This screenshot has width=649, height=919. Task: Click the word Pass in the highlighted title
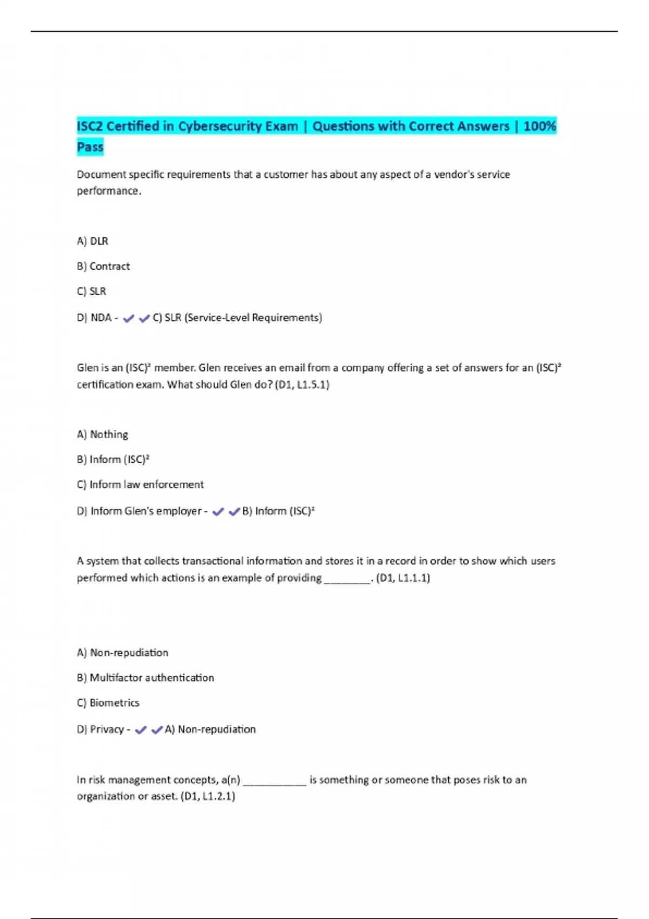coord(90,147)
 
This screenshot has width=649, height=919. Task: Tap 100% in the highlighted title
coord(540,126)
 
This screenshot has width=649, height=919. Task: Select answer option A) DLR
coord(92,241)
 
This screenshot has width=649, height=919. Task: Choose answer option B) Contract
coord(103,266)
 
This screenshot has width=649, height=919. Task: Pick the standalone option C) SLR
coord(91,291)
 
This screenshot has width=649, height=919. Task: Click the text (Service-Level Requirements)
coord(253,318)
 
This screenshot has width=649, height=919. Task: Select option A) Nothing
coord(102,434)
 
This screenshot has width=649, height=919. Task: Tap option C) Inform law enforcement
coord(140,484)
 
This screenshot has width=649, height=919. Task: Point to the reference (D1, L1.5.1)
coord(302,384)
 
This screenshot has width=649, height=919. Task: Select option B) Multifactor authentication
coord(145,677)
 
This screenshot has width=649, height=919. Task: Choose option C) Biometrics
coord(108,703)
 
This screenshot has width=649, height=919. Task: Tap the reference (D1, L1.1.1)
coord(403,578)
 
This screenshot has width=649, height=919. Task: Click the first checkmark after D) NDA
coord(128,318)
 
